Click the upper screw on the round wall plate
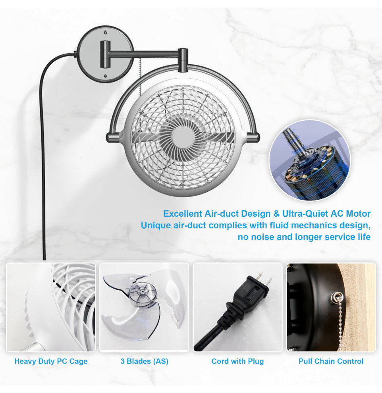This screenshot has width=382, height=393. pyautogui.click(x=106, y=32)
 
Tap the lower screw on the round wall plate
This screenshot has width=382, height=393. pyautogui.click(x=106, y=76)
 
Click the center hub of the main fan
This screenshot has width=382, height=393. pyautogui.click(x=183, y=138)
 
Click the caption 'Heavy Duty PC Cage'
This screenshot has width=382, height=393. pyautogui.click(x=51, y=361)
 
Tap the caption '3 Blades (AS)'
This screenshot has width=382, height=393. pyautogui.click(x=145, y=361)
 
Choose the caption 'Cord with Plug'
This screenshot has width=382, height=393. pyautogui.click(x=237, y=361)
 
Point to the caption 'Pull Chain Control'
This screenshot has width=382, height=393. pyautogui.click(x=331, y=361)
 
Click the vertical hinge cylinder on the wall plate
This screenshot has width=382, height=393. pyautogui.click(x=105, y=54)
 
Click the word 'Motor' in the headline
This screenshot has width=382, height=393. pyautogui.click(x=358, y=214)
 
